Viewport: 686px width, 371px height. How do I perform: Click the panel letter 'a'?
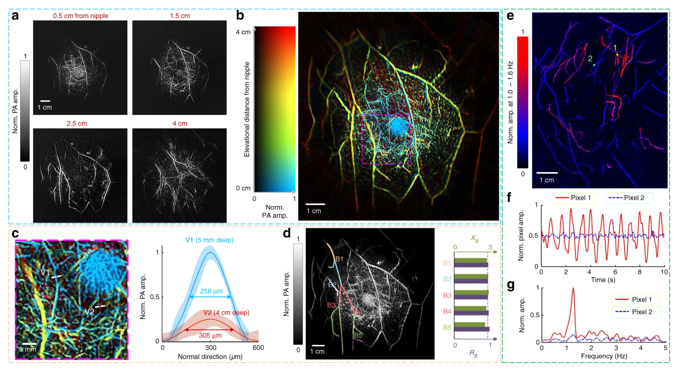tap(15, 16)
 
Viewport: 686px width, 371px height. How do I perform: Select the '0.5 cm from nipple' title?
tap(80, 16)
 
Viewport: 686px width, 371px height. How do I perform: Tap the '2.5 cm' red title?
tap(77, 123)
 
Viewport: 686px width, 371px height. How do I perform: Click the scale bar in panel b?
tap(315, 204)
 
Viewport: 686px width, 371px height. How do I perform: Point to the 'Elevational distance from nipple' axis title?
tap(247, 109)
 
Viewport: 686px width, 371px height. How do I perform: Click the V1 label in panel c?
tap(45, 272)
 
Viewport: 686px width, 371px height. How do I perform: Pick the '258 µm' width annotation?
tap(211, 291)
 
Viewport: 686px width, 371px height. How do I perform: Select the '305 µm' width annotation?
tap(210, 335)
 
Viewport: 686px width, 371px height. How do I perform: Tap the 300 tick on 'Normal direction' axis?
tap(210, 348)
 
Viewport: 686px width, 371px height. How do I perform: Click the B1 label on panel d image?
tap(339, 259)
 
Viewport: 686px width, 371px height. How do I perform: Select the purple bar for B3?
tap(471, 297)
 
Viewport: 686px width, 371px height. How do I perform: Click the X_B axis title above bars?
tap(474, 238)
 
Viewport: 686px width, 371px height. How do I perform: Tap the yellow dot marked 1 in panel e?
tap(617, 55)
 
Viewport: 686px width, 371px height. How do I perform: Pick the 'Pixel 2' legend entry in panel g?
tap(637, 312)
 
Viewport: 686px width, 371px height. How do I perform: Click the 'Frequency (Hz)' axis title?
tap(604, 356)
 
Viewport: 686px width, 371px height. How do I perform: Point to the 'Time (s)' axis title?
tap(603, 280)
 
